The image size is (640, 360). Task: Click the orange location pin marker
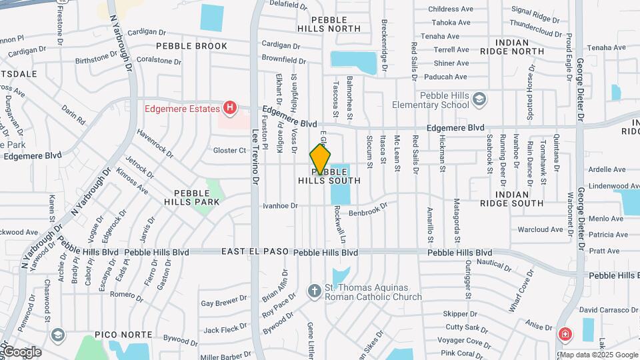(x=320, y=159)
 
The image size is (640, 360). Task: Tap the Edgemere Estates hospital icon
(x=230, y=107)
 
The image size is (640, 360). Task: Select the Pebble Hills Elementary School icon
(x=479, y=100)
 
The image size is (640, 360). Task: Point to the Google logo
(x=21, y=351)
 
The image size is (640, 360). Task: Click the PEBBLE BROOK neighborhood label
(x=191, y=46)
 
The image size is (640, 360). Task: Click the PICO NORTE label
(x=121, y=333)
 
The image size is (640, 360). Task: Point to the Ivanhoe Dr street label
(x=279, y=206)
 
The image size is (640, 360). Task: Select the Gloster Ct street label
(x=229, y=151)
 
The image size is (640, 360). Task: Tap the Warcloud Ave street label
(x=540, y=229)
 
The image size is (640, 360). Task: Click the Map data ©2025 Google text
(x=599, y=355)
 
